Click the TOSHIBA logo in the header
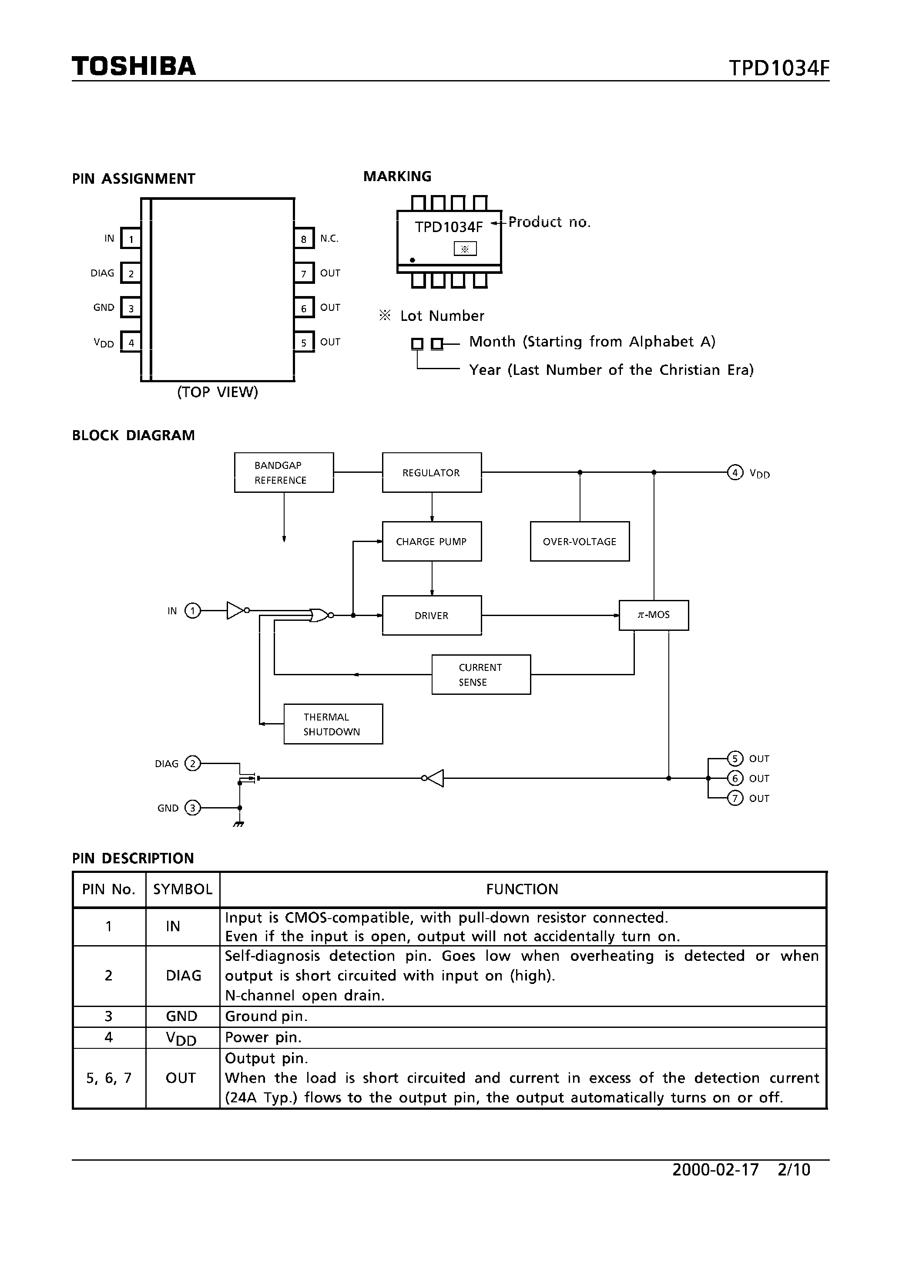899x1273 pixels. [x=134, y=66]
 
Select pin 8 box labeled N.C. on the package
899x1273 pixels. [x=304, y=239]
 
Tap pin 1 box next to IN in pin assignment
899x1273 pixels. [x=131, y=239]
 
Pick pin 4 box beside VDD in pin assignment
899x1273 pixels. [x=131, y=342]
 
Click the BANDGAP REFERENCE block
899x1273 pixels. [x=284, y=472]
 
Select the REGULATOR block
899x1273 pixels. [x=431, y=472]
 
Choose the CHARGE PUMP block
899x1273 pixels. [x=431, y=541]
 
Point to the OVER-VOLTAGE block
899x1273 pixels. [x=579, y=541]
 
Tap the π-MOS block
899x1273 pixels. [x=654, y=615]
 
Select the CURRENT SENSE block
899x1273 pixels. [x=480, y=674]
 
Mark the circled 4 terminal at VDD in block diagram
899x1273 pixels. [x=735, y=472]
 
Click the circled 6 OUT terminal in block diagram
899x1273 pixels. [x=735, y=778]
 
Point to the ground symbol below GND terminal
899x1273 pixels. [x=239, y=825]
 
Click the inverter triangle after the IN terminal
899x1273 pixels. [x=235, y=610]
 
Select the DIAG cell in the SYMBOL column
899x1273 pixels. [x=183, y=975]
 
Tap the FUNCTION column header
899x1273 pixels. [x=522, y=889]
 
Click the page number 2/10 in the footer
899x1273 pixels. [x=794, y=1169]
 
